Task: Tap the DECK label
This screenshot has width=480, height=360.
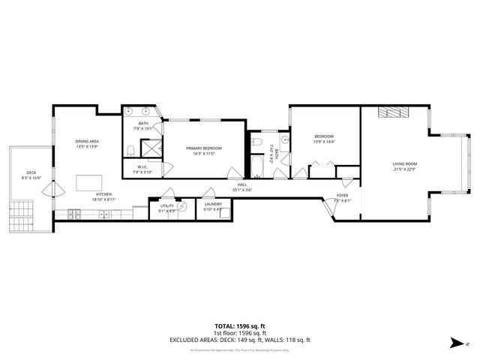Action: (x=31, y=172)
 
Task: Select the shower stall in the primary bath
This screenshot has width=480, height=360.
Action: (x=151, y=151)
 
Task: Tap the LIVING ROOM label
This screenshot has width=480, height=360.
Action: (x=404, y=163)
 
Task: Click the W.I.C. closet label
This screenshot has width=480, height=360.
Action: (x=142, y=167)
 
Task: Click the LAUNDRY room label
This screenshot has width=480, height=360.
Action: (x=213, y=203)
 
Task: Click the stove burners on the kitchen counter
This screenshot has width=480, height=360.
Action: (x=75, y=214)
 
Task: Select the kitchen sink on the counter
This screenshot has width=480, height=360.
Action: (x=104, y=214)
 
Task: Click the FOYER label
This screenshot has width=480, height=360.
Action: (x=342, y=195)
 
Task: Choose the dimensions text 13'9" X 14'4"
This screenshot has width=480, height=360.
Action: (x=324, y=142)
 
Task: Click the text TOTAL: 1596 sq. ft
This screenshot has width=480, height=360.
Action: (x=239, y=326)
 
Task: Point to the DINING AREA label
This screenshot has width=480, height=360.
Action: (x=87, y=141)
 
